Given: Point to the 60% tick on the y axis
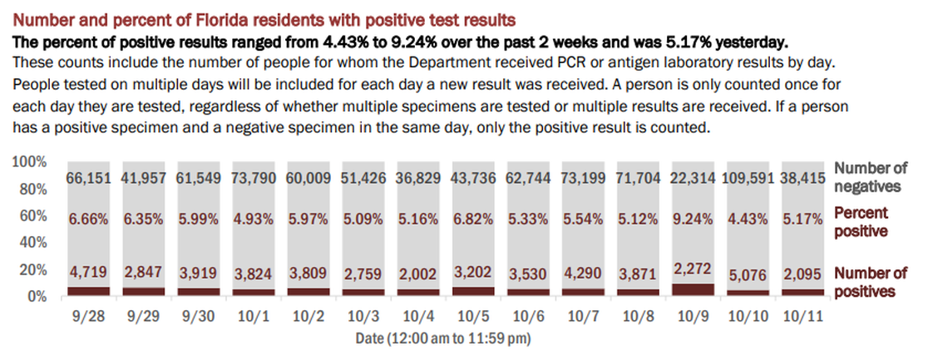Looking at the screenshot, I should pyautogui.click(x=30, y=216).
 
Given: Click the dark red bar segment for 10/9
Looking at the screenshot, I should pyautogui.click(x=694, y=289).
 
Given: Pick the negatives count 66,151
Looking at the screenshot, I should pyautogui.click(x=89, y=179).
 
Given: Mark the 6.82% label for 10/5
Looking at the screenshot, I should pyautogui.click(x=474, y=223).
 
